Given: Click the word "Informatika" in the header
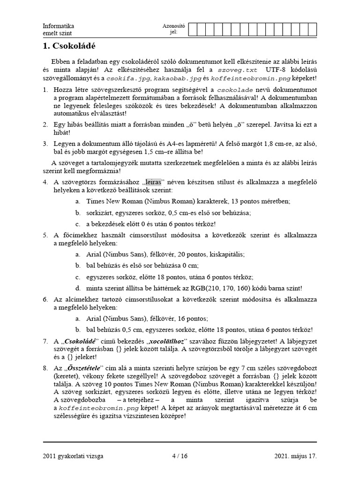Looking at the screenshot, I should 58,26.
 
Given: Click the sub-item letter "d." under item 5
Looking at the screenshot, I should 77,288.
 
